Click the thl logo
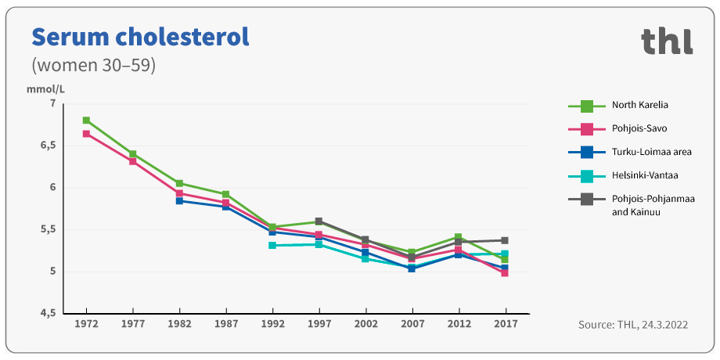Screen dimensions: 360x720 coord(667,41)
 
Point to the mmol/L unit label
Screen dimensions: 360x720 coord(45,88)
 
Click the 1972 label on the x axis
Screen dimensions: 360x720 coord(86,323)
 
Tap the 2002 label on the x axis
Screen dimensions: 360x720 coord(365,323)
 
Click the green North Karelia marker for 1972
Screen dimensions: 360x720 coord(86,121)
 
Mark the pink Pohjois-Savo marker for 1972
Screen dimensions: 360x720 coord(86,134)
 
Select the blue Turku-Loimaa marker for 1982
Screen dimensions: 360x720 coord(179,201)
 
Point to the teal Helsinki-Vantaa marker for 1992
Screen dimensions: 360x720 coord(272,246)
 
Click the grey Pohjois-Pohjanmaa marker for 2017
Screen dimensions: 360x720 coord(505,240)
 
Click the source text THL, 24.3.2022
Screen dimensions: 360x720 coord(632,324)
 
